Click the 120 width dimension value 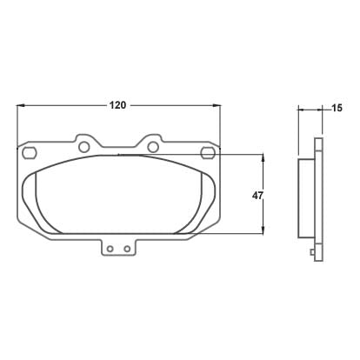[117, 105]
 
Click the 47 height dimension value [257, 196]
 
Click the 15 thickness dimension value [337, 108]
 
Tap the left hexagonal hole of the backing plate [30, 152]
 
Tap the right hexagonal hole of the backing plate [208, 152]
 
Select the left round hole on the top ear [84, 147]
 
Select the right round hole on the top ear [153, 147]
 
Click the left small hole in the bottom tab [110, 249]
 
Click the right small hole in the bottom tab [127, 249]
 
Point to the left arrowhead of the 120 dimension [20, 105]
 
